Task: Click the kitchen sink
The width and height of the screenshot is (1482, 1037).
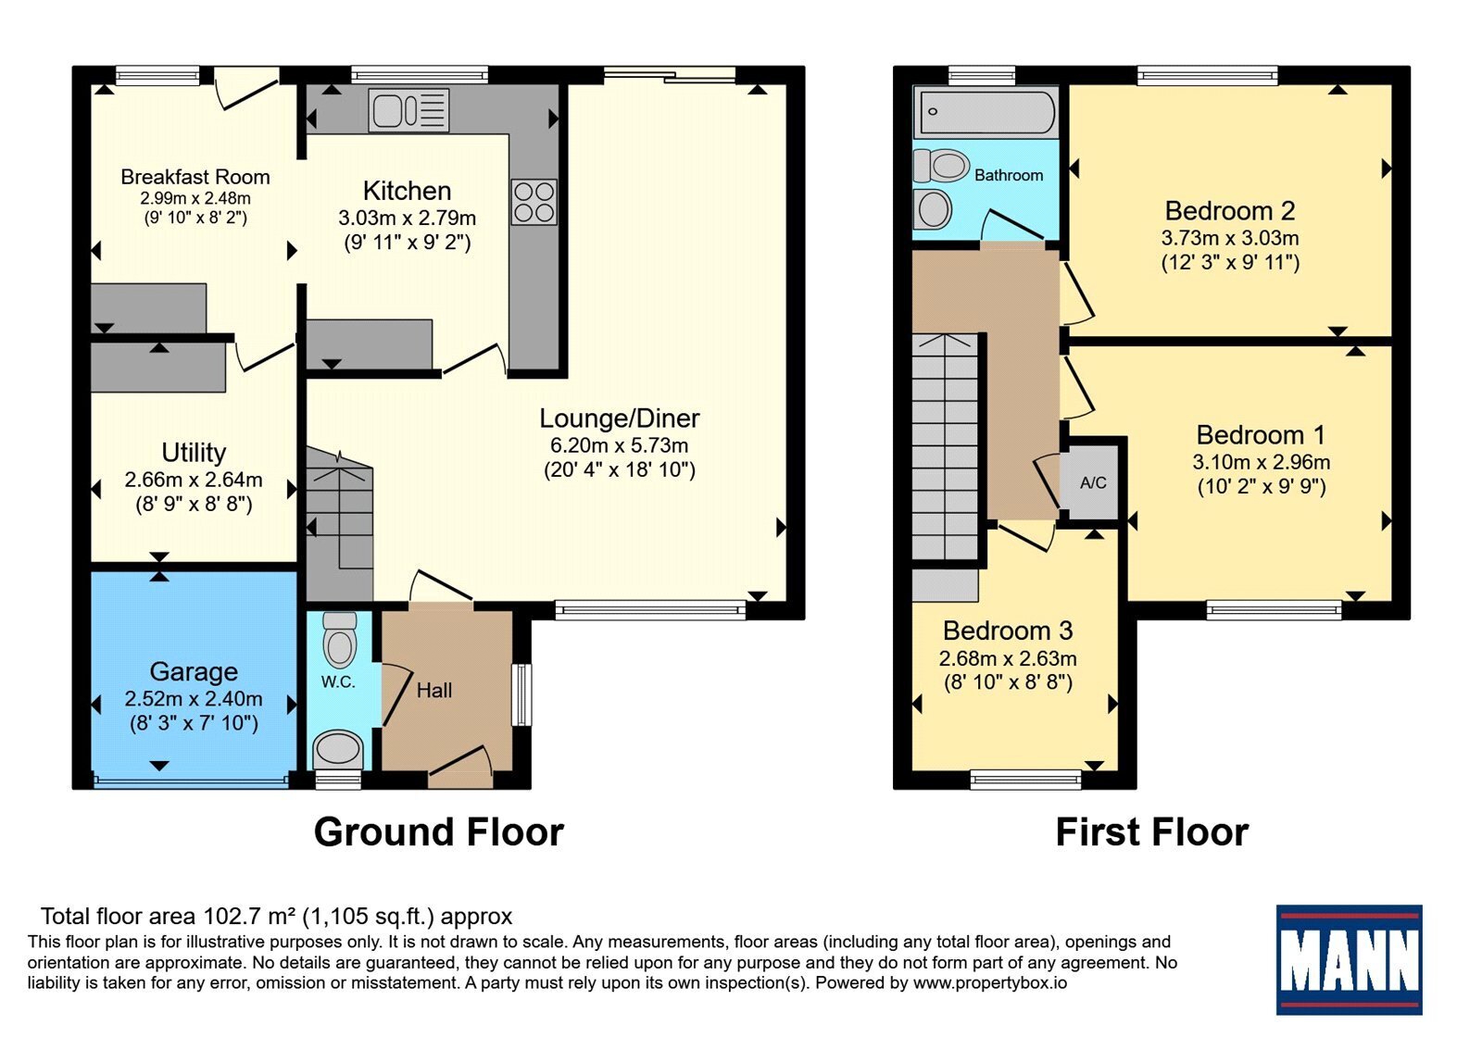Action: pos(408,110)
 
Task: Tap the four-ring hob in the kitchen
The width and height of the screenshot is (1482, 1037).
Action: pos(534,203)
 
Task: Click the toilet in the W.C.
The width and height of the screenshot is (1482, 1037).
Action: pos(340,639)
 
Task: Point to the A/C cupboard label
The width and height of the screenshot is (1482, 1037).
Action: pos(1093,482)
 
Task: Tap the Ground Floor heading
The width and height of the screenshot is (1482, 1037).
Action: pos(439,832)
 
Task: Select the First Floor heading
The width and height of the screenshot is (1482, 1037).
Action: pos(1152,832)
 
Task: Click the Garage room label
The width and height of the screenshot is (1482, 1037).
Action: pos(194,672)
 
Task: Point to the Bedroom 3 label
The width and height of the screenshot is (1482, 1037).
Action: pos(1008,631)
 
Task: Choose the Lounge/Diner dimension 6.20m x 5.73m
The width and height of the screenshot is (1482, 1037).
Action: pos(620,445)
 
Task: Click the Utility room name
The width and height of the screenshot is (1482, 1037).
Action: pos(194,453)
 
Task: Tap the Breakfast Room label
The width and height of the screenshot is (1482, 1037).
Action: pos(195,177)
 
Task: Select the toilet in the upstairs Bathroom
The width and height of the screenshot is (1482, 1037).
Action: pos(941,166)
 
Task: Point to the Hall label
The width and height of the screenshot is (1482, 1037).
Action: pos(434,691)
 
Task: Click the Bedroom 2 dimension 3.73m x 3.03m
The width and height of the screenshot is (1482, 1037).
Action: pos(1230,238)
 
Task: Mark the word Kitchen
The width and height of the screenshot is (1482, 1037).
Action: pos(407,191)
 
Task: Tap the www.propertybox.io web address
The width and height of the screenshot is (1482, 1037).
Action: pos(990,982)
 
